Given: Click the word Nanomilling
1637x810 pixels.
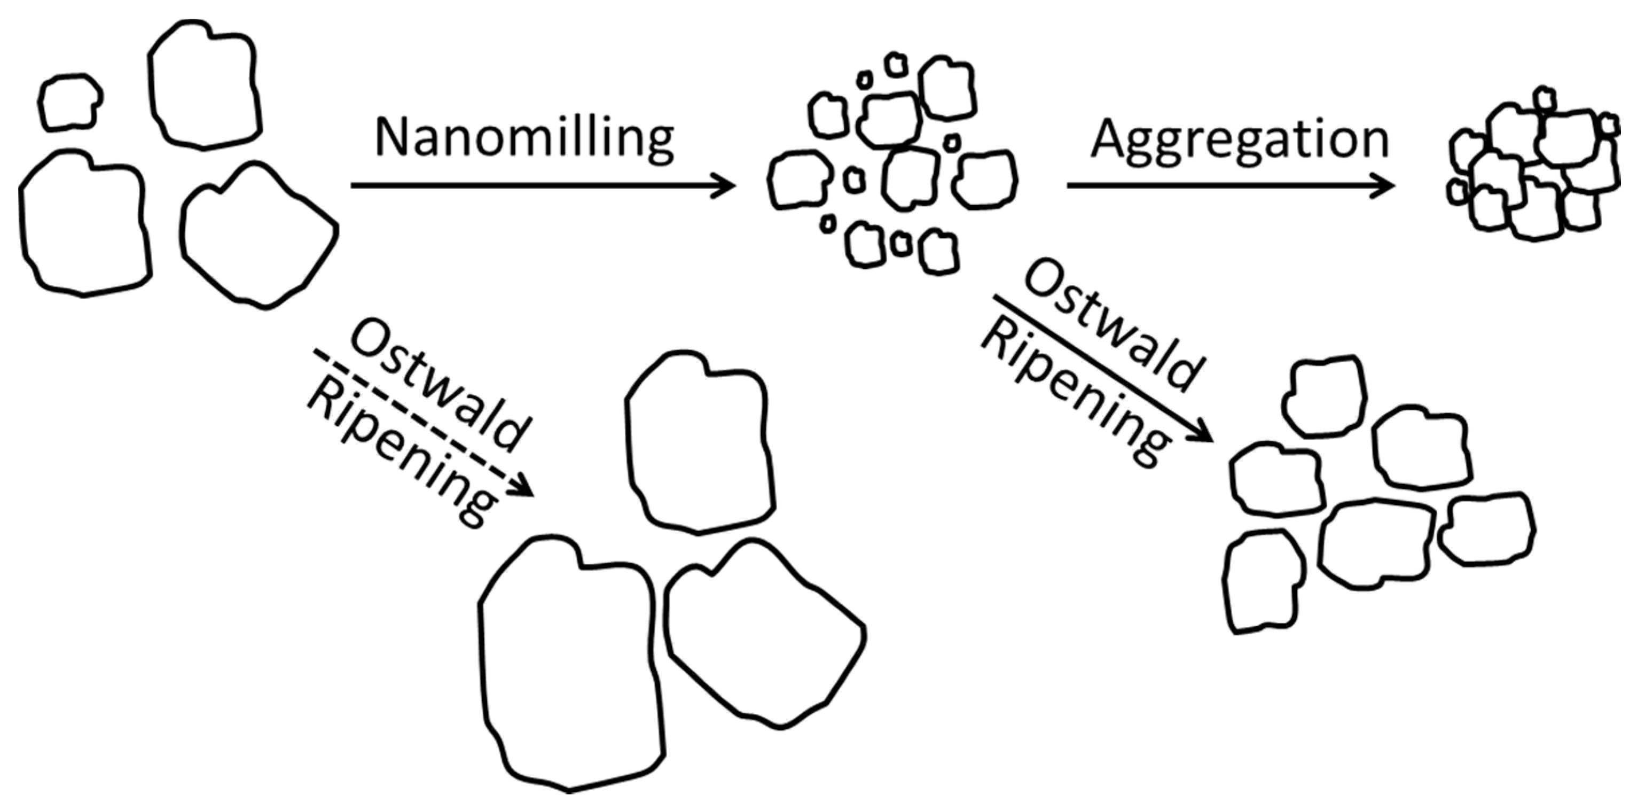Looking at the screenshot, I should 524,138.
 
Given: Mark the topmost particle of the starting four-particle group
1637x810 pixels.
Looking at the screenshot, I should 205,86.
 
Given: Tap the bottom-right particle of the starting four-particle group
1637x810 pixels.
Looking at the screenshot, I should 257,235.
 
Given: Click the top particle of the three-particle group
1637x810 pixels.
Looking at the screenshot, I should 699,442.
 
